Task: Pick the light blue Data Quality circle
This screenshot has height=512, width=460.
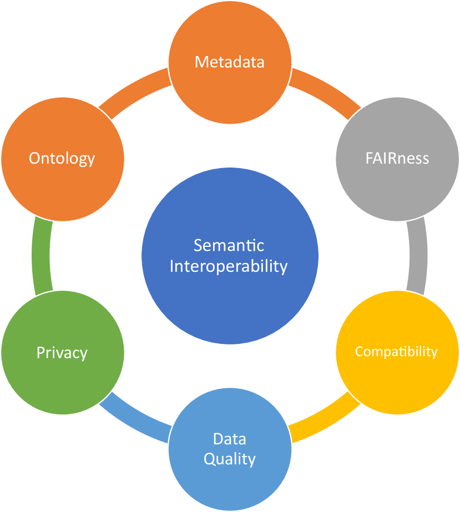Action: (x=230, y=477)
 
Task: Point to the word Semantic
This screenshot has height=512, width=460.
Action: (x=229, y=245)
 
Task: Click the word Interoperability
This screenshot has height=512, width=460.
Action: (x=229, y=266)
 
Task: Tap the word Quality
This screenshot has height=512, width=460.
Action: (x=230, y=459)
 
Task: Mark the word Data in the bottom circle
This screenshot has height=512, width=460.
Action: (x=230, y=439)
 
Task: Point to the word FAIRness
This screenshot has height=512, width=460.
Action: (x=397, y=159)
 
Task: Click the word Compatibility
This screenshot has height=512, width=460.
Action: (x=396, y=352)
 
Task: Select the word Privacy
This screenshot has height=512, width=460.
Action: (x=62, y=353)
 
